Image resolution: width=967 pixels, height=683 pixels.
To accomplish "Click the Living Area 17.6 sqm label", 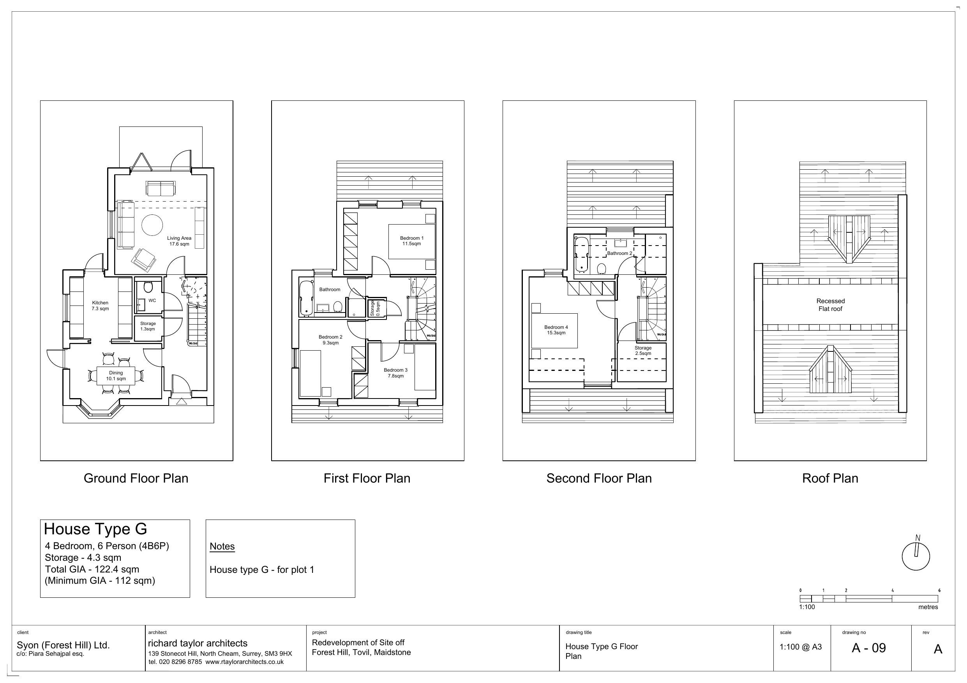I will (179, 241).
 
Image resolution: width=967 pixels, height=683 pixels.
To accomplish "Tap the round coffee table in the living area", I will (152, 225).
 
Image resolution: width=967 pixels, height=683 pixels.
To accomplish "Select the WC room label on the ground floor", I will (152, 300).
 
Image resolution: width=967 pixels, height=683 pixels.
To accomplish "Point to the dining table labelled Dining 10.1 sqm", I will (116, 376).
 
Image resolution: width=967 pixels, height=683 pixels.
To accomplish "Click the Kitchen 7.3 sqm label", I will (100, 306).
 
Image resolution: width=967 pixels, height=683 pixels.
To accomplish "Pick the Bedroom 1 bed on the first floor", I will (411, 241).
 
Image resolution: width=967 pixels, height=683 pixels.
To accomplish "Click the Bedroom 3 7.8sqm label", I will (395, 373).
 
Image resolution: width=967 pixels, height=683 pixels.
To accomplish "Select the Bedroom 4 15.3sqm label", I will (556, 330).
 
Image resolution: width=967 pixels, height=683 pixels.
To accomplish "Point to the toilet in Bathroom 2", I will (602, 269).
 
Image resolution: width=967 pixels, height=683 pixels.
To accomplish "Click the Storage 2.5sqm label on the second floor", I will (643, 351).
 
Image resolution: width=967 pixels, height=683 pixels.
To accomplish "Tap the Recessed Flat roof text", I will (830, 305).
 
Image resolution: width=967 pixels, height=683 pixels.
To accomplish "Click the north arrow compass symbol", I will (916, 555).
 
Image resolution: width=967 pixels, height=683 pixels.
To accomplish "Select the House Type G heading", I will (95, 529).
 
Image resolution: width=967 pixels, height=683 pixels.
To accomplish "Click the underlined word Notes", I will (222, 546).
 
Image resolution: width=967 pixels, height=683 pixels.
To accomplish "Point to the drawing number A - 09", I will (868, 648).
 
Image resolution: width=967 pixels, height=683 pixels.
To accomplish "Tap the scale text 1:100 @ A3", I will (800, 647).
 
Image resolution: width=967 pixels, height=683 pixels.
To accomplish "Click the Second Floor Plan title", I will (599, 478).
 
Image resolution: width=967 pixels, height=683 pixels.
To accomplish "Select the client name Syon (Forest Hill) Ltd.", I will (63, 645).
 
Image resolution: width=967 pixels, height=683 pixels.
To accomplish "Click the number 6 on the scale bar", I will (939, 590).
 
